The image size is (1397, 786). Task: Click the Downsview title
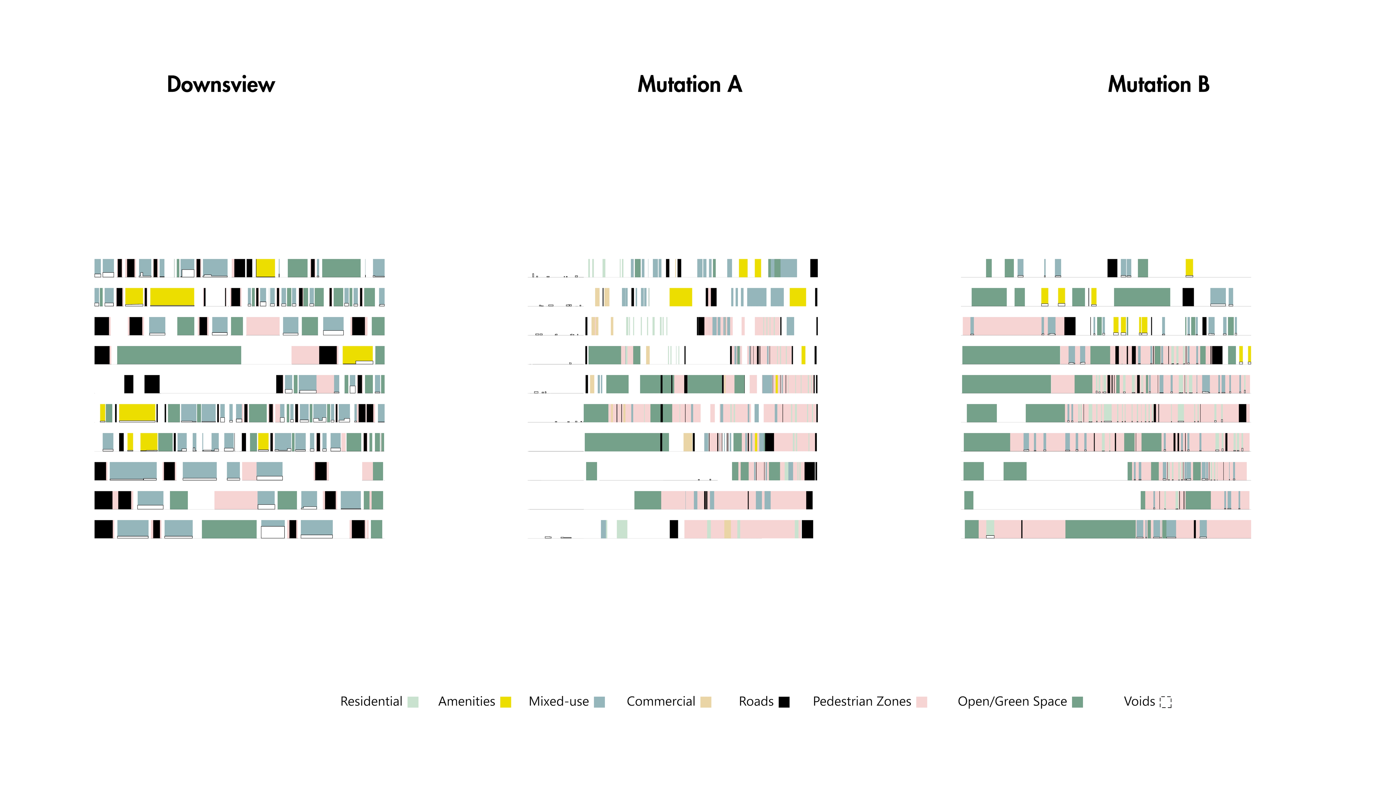click(x=221, y=85)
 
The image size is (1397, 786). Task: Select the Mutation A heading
click(x=689, y=85)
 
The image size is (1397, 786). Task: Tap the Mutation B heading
click(x=1158, y=85)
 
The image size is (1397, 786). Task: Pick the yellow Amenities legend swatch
click(x=505, y=702)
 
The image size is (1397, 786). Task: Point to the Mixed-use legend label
click(x=559, y=701)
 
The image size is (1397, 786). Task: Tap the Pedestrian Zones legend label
click(x=862, y=701)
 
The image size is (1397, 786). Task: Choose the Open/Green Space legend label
click(x=1012, y=701)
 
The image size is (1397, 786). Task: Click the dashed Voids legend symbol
click(x=1165, y=702)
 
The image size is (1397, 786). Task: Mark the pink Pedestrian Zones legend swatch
click(x=921, y=702)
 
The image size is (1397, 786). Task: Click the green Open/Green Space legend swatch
click(x=1078, y=702)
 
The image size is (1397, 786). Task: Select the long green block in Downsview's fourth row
click(x=179, y=355)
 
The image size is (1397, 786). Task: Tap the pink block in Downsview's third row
click(x=263, y=326)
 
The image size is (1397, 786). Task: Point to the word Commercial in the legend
click(x=661, y=701)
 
